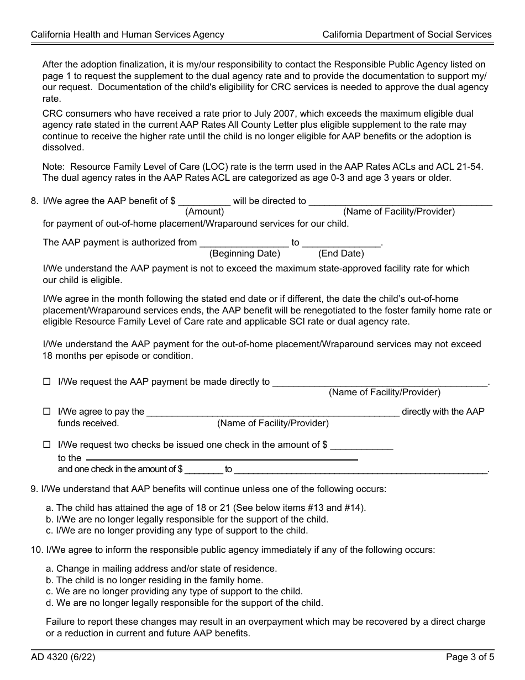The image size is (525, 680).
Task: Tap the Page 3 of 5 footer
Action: point(469,657)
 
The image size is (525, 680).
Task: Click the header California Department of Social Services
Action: point(407,34)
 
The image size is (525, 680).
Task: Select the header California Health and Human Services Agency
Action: point(128,34)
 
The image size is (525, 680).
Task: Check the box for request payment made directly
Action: point(47,381)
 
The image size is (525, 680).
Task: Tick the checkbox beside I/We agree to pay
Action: point(47,412)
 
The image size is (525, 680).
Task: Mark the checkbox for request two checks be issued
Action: point(47,444)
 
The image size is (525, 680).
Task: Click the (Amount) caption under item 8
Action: point(204,211)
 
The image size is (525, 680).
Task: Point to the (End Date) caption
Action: point(341,254)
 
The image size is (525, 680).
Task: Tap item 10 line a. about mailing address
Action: point(161,568)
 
